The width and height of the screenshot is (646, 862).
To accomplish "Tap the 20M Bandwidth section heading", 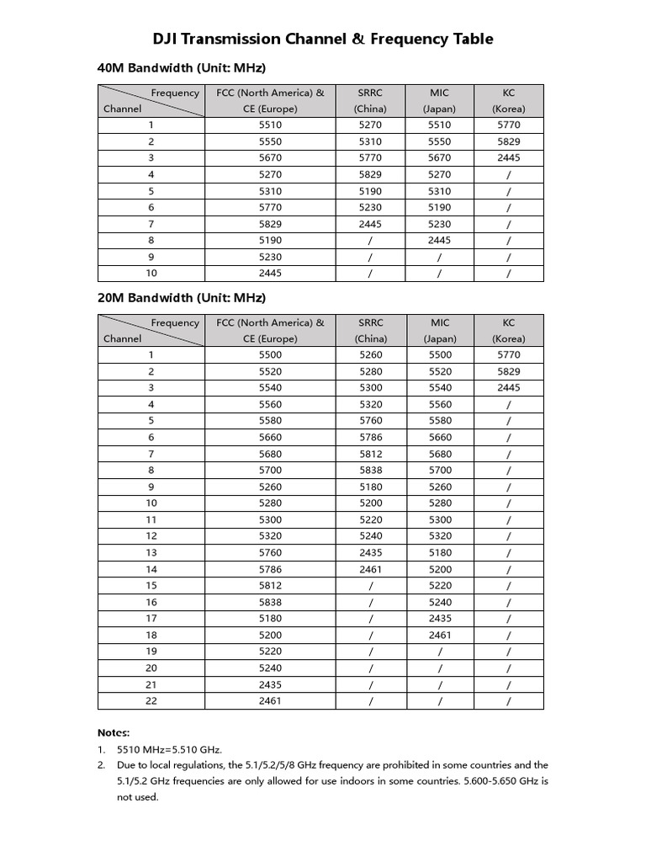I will tap(183, 297).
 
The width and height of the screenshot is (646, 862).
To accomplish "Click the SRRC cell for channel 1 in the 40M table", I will tap(370, 125).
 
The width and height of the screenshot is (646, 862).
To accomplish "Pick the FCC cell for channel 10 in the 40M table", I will tap(271, 273).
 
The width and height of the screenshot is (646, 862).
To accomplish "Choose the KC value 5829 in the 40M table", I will tap(508, 141).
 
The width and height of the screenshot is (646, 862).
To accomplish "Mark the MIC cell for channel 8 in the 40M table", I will tap(439, 240).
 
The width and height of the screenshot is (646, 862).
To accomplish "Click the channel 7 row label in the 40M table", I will tap(151, 224).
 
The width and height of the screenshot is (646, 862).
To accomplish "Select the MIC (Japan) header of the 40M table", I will tap(439, 100).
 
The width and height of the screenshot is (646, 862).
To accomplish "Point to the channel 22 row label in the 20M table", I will tap(151, 700).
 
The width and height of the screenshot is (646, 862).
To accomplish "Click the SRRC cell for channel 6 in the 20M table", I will tap(370, 437).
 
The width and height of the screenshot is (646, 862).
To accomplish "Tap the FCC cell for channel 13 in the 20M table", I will tap(271, 552).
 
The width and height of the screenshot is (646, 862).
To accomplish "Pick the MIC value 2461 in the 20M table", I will tap(439, 635).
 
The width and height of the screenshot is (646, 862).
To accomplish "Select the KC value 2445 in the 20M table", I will tap(508, 388).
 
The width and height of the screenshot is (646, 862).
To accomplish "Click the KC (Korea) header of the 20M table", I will tap(508, 330).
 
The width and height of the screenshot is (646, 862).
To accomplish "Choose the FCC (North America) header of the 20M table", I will tap(271, 330).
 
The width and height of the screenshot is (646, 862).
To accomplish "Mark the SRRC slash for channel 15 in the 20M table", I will tap(370, 585).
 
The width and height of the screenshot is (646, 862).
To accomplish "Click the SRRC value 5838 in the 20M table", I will tap(370, 470).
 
